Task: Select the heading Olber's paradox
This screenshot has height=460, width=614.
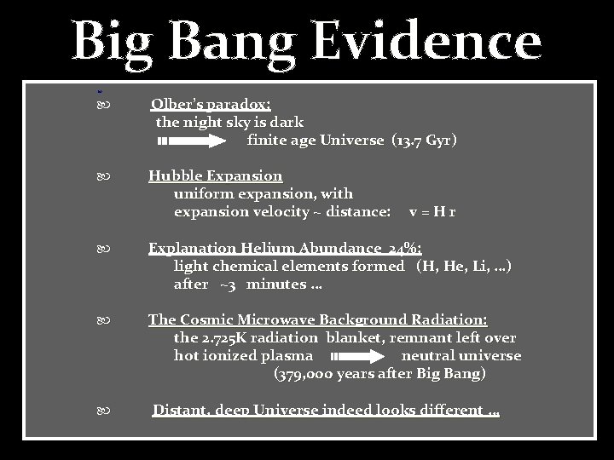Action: (x=211, y=105)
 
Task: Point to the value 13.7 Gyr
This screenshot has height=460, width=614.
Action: (x=424, y=141)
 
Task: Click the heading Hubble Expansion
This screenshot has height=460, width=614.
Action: (x=215, y=176)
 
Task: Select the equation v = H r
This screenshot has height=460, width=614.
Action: (x=432, y=211)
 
